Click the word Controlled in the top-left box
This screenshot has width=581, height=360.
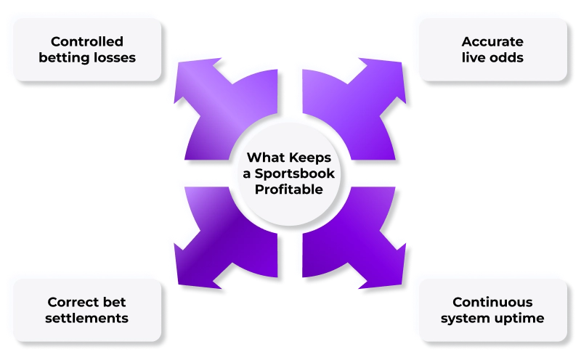pyautogui.click(x=86, y=41)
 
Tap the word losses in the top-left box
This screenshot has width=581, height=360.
pyautogui.click(x=114, y=57)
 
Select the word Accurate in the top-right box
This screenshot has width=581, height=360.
pyautogui.click(x=492, y=41)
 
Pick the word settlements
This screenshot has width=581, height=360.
pyautogui.click(x=86, y=318)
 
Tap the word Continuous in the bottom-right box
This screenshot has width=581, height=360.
pyautogui.click(x=492, y=302)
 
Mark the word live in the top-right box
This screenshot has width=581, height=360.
pyautogui.click(x=475, y=57)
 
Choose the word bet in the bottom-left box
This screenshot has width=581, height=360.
pyautogui.click(x=116, y=302)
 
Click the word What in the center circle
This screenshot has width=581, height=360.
pyautogui.click(x=264, y=157)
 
